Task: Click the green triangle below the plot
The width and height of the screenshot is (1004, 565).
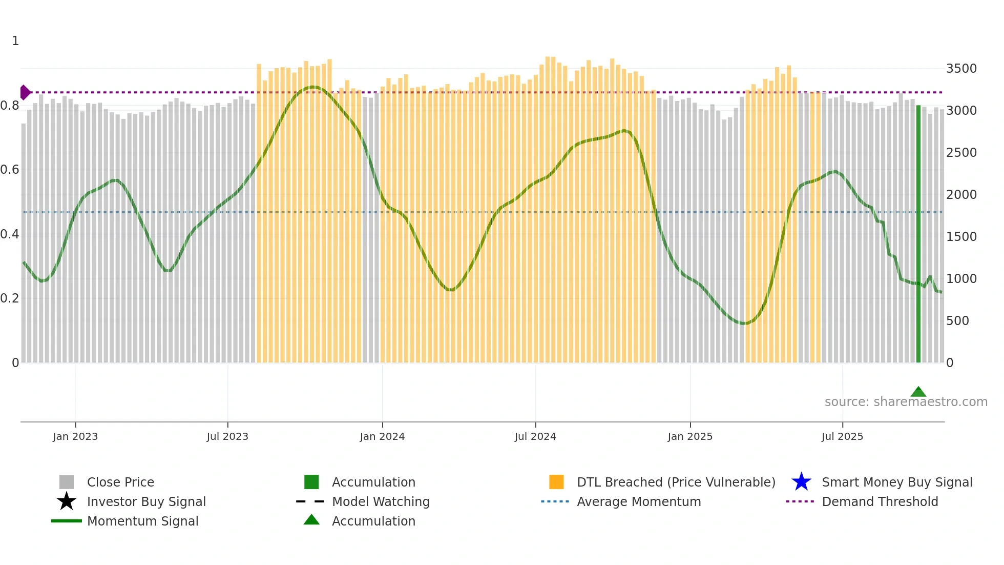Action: pos(918,392)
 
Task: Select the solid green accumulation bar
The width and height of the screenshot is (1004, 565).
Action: pos(918,233)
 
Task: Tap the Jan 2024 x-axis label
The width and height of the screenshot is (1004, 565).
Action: pos(382,436)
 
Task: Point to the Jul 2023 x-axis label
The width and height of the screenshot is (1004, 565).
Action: pos(227,436)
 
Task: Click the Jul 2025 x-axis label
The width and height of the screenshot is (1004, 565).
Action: pos(842,436)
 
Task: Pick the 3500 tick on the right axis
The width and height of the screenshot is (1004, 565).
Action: pos(961,69)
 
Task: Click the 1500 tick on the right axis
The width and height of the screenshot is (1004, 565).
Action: pos(961,237)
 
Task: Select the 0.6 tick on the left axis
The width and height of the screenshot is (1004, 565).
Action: pos(10,170)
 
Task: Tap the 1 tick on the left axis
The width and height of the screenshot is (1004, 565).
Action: pos(15,41)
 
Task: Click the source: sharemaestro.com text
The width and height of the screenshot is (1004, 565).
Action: pos(906,401)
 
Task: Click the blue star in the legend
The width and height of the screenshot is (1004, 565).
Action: pos(801,482)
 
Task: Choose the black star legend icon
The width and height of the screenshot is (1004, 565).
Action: pos(67,501)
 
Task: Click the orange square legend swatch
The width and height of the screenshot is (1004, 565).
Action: pos(556,482)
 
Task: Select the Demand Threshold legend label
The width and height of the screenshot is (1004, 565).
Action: pos(880,501)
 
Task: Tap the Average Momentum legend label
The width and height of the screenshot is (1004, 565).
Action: pos(639,501)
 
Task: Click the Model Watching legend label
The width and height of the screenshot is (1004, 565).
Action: pos(381,501)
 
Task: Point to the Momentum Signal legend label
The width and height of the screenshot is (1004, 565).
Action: pos(142,521)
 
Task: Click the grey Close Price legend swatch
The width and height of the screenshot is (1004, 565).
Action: pos(67,482)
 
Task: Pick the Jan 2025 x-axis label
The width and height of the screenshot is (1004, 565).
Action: pos(690,436)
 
